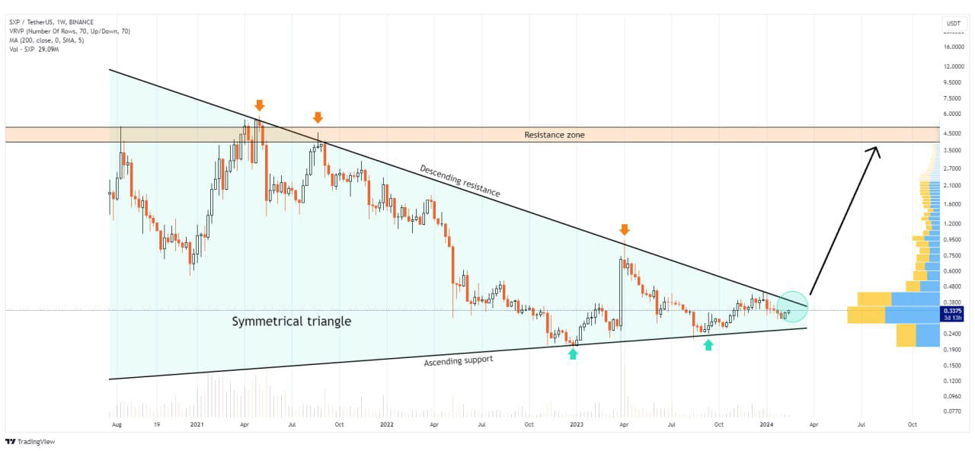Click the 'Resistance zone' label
click(x=555, y=135)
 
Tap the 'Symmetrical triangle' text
click(x=291, y=321)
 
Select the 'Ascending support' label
click(x=458, y=359)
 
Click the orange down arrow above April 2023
click(x=625, y=229)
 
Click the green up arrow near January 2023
click(x=573, y=353)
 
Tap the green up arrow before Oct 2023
click(x=708, y=345)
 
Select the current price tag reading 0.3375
click(x=952, y=311)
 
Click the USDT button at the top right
click(x=953, y=24)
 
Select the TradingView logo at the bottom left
click(x=30, y=442)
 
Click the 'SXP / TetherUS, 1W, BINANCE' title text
click(x=51, y=22)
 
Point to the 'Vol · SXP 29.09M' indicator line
click(x=34, y=50)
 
